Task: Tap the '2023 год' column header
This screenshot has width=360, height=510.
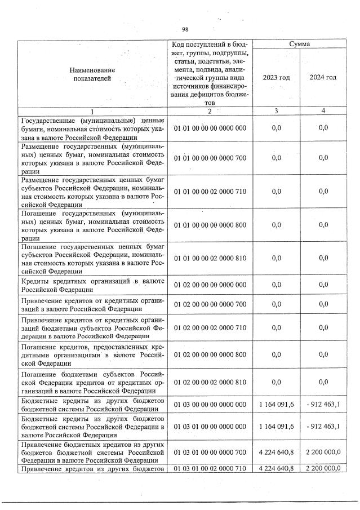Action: pos(276,77)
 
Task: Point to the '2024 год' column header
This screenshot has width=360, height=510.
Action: pos(323,77)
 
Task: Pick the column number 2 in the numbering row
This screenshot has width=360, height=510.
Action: pos(209,110)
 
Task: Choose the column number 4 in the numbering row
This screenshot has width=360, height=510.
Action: pos(323,110)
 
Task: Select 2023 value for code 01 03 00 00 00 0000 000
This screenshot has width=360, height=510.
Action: pos(277,405)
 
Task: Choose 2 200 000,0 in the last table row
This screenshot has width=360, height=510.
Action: pos(323,469)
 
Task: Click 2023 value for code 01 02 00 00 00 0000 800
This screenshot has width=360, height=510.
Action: pos(276,354)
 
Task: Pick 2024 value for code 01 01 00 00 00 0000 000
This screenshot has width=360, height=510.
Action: pos(323,128)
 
